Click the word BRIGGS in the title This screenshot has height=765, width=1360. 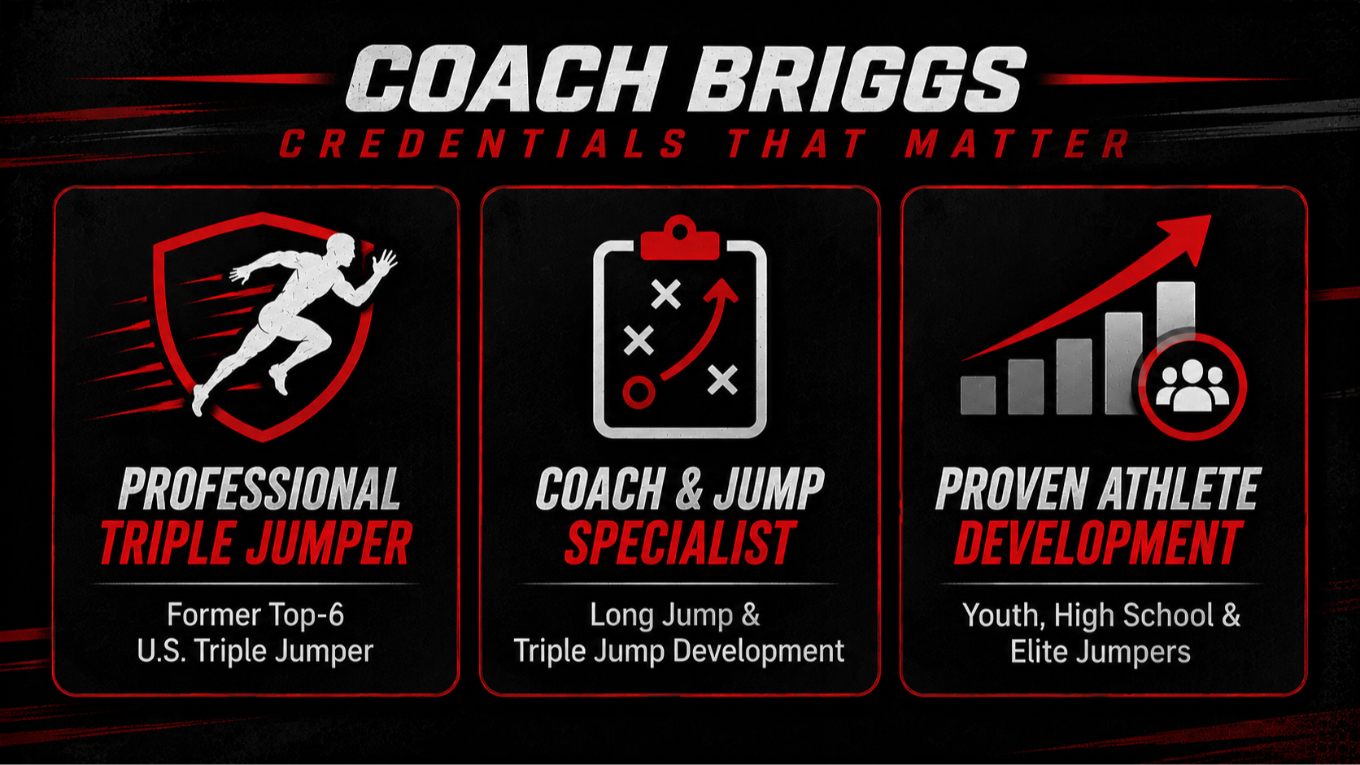[856, 80]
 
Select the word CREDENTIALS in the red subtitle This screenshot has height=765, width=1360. [482, 144]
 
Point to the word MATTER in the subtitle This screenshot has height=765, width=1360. [1017, 144]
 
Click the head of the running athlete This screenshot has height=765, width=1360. [341, 249]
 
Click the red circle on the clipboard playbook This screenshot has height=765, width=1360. [639, 393]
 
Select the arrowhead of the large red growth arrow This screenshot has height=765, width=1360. [1185, 238]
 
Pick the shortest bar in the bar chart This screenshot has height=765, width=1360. [978, 395]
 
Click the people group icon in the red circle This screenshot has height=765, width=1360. [1192, 386]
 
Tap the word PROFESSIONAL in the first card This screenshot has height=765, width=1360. [259, 489]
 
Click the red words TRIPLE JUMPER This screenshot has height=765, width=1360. [256, 543]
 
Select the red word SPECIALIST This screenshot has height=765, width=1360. [679, 543]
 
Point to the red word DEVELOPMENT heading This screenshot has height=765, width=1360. [1098, 543]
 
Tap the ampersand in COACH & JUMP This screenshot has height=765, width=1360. [688, 489]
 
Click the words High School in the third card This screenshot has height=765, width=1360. [1134, 615]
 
